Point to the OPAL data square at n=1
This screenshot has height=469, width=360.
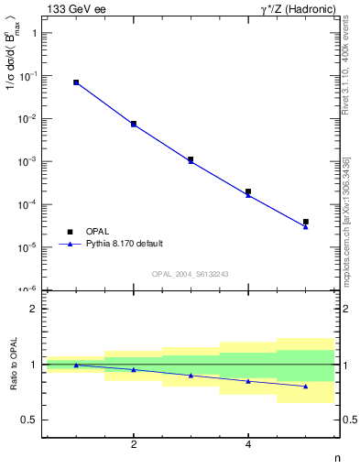[x=76, y=82]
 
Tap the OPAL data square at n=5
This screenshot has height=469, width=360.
[x=306, y=222]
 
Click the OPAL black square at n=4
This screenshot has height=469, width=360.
[x=248, y=191]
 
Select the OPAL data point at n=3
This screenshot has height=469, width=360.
[x=191, y=159]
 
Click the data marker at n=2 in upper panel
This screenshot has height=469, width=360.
[x=134, y=124]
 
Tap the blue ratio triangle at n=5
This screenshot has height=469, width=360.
[x=306, y=387]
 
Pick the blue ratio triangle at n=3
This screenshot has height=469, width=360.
[x=191, y=376]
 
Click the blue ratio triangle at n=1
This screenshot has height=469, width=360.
[x=76, y=365]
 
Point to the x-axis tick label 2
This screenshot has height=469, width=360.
[x=134, y=444]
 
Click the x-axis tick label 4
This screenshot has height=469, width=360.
[x=248, y=444]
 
